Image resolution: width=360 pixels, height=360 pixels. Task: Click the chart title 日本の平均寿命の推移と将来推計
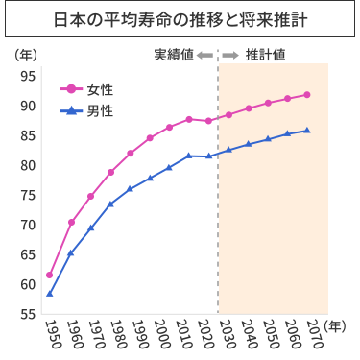180,20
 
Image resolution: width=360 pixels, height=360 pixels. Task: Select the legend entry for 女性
87,89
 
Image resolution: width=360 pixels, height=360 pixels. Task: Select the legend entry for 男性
87,111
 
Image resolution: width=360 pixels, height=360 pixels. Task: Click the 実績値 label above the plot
174,55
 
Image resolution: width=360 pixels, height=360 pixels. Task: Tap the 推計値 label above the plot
265,55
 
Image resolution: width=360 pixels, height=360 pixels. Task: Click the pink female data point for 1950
49,276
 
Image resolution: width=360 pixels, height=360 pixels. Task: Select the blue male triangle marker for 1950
49,293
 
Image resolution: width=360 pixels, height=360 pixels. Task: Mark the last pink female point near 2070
306,94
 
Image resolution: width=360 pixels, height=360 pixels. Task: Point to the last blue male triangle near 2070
306,131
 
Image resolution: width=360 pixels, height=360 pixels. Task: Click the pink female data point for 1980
110,172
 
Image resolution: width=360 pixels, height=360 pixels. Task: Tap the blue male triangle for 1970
91,228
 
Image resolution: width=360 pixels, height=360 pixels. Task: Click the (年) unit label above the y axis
27,55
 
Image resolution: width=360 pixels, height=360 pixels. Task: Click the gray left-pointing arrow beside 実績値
205,55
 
